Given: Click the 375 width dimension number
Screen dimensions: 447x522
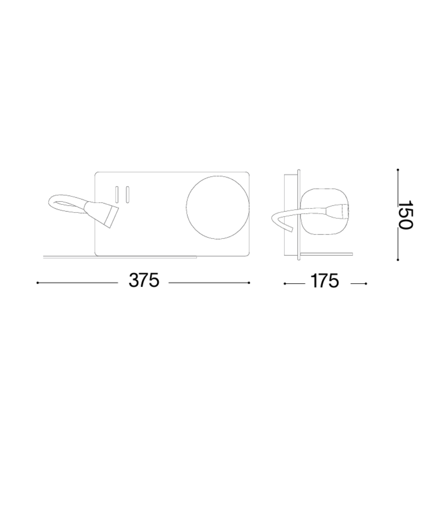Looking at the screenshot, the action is coord(143,280).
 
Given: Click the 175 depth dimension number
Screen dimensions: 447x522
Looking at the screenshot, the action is coord(325,281).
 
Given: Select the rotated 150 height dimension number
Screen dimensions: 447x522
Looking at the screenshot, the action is coord(405,215).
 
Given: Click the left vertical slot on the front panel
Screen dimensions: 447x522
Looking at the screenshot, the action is coord(117,195).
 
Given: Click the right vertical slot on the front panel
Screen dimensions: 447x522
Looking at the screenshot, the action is coord(127,195).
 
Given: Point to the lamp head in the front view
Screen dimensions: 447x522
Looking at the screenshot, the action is coord(101,214).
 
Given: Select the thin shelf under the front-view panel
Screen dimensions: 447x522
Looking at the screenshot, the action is coord(120,257).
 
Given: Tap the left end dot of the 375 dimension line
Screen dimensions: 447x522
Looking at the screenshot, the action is coord(38,283).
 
